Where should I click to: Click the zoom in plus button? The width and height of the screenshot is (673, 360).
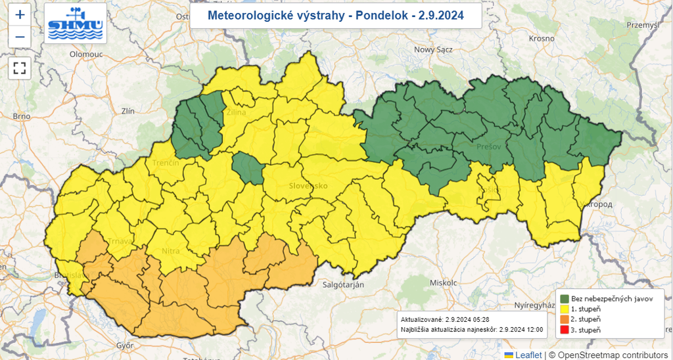pyautogui.click(x=20, y=14)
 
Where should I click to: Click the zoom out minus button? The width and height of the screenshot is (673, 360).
pyautogui.click(x=20, y=37)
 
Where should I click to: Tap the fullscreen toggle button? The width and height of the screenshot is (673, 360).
pyautogui.click(x=20, y=68)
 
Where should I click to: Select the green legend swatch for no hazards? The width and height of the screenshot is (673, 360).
pyautogui.click(x=565, y=298)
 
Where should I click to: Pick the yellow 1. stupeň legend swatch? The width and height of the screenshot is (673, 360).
pyautogui.click(x=565, y=309)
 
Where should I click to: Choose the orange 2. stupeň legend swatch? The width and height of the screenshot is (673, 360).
pyautogui.click(x=565, y=319)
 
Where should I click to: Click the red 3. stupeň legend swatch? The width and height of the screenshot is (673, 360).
pyautogui.click(x=565, y=330)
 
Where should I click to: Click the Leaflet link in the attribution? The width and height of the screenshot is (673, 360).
pyautogui.click(x=528, y=355)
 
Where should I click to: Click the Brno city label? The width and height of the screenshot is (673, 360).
pyautogui.click(x=21, y=116)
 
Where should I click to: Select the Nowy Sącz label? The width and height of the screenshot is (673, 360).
pyautogui.click(x=433, y=49)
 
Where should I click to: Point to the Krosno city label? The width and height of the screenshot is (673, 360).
pyautogui.click(x=542, y=39)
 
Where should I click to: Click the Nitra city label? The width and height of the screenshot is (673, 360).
pyautogui.click(x=171, y=250)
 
